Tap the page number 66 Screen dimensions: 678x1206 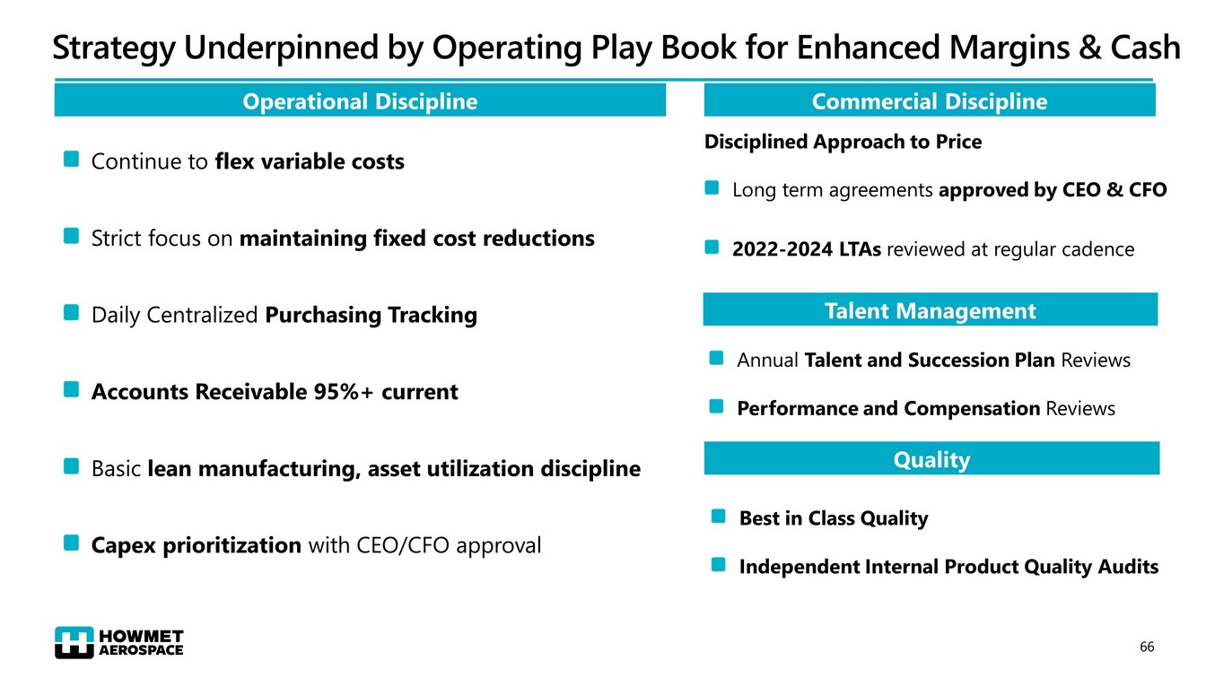tap(1146, 647)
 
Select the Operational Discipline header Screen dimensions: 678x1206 tap(360, 101)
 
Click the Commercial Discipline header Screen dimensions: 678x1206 tap(929, 101)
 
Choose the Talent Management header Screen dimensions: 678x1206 tap(930, 310)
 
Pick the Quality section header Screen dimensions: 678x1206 tap(931, 459)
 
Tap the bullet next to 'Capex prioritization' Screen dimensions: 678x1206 tap(71, 543)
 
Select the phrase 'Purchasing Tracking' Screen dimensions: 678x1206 tap(371, 315)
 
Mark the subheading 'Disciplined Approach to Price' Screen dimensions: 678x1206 tap(843, 142)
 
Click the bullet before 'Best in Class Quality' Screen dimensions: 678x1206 tap(718, 517)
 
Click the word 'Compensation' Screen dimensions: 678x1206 tap(972, 409)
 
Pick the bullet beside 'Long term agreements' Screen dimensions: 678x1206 tap(712, 188)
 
